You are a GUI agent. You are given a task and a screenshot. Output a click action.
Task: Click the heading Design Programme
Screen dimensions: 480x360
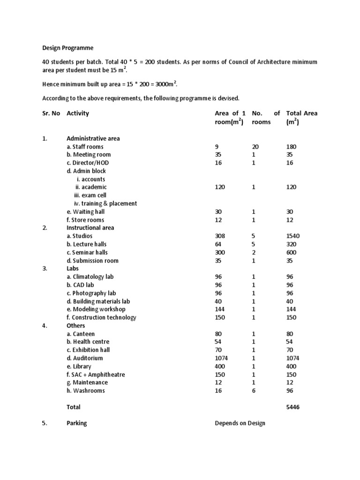pyautogui.click(x=68, y=48)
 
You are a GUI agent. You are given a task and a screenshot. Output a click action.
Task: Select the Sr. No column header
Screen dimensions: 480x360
pyautogui.click(x=51, y=113)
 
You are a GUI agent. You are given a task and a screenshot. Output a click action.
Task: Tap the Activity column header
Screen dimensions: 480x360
pyautogui.click(x=78, y=113)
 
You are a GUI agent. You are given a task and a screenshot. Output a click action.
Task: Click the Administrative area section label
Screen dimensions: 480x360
pyautogui.click(x=93, y=138)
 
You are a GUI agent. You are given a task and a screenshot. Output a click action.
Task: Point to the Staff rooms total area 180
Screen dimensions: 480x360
pyautogui.click(x=292, y=147)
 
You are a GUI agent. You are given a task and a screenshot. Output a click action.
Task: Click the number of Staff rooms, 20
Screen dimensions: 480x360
pyautogui.click(x=255, y=147)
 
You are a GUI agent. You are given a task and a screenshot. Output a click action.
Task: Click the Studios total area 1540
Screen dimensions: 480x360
pyautogui.click(x=294, y=236)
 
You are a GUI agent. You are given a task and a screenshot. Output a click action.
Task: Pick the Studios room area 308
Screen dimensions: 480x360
pyautogui.click(x=220, y=236)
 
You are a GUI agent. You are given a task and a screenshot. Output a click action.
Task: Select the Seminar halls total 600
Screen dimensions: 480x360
pyautogui.click(x=292, y=253)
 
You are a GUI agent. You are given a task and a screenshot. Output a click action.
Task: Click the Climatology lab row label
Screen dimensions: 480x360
pyautogui.click(x=90, y=277)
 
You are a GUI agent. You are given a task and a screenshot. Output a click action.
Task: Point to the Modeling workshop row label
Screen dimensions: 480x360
pyautogui.click(x=96, y=309)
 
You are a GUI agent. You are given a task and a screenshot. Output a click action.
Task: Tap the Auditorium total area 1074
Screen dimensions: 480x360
pyautogui.click(x=293, y=358)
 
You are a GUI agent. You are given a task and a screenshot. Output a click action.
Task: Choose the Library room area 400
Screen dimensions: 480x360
pyautogui.click(x=220, y=367)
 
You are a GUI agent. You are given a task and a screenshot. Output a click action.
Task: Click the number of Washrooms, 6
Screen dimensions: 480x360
pyautogui.click(x=254, y=391)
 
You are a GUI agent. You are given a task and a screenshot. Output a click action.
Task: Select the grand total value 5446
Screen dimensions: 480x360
pyautogui.click(x=293, y=407)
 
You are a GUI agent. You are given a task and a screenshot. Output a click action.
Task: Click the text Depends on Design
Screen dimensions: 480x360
pyautogui.click(x=240, y=423)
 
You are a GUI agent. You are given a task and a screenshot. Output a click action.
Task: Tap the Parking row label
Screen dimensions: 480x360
pyautogui.click(x=77, y=423)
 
